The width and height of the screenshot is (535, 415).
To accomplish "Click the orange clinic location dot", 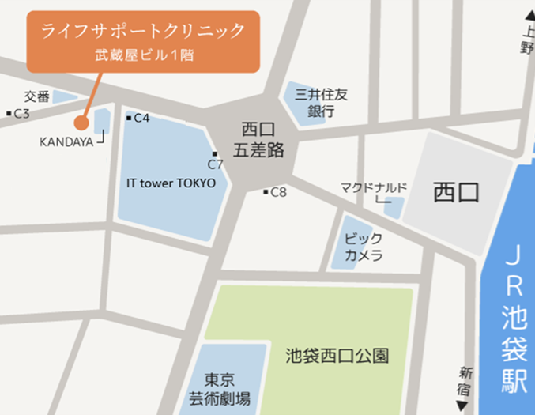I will [81, 123].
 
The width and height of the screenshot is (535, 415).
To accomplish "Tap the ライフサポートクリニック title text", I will [142, 32].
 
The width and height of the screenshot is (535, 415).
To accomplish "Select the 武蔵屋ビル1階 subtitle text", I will [142, 56].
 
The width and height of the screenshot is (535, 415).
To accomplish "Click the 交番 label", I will [36, 96].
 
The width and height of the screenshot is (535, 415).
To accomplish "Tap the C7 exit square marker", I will [214, 153].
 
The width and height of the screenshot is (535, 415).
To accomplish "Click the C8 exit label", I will [278, 192].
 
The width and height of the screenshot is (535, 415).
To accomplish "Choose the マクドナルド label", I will [373, 187].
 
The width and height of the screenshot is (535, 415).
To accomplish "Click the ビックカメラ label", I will [364, 247].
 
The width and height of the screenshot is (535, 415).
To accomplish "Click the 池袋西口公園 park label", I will [337, 357].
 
